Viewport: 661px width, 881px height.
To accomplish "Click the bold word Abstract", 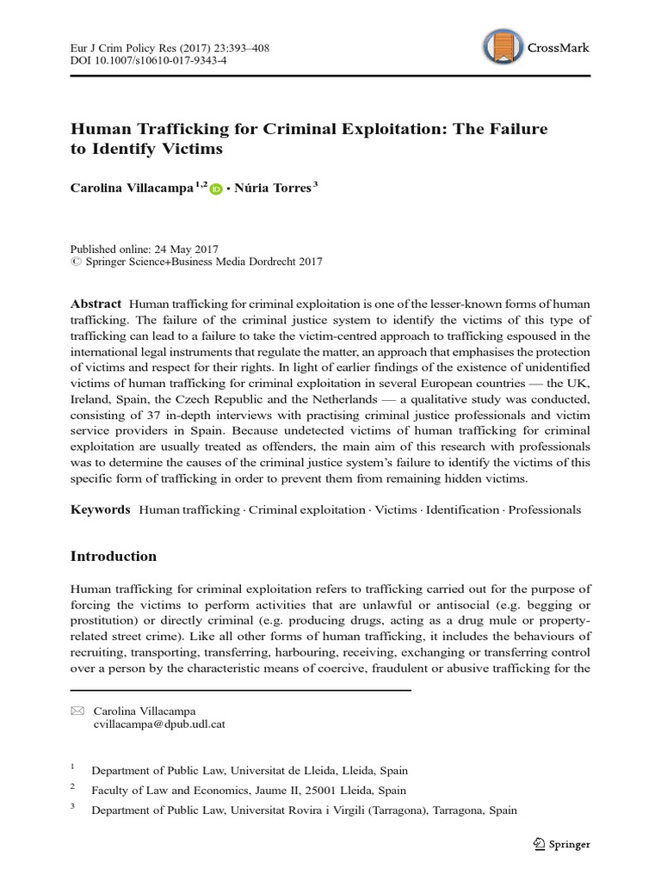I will pyautogui.click(x=96, y=305).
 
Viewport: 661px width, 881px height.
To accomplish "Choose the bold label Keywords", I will pyautogui.click(x=100, y=509).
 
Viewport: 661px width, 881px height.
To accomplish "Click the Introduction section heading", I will pyautogui.click(x=114, y=557).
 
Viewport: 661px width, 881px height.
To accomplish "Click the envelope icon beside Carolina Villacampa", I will pyautogui.click(x=77, y=711).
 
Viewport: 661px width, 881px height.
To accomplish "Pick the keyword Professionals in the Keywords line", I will pyautogui.click(x=544, y=509).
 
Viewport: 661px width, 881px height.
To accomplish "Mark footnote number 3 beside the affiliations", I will pyautogui.click(x=73, y=808).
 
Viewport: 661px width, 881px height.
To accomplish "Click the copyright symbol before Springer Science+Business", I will pyautogui.click(x=74, y=262).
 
